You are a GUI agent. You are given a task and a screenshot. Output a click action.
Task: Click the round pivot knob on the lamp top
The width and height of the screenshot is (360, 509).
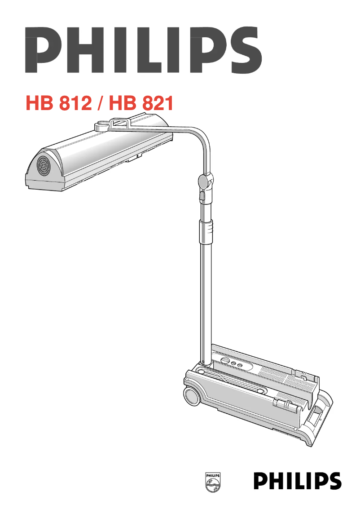(x=101, y=126)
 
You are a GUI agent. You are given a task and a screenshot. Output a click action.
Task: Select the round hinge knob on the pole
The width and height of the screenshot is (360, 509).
(x=203, y=181)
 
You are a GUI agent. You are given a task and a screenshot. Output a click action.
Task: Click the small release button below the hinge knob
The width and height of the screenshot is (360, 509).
(x=203, y=195)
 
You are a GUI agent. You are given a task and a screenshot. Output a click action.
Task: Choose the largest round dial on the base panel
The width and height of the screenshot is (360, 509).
(x=225, y=361)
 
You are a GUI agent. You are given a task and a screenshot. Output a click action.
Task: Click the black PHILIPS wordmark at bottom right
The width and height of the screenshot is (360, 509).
(x=297, y=481)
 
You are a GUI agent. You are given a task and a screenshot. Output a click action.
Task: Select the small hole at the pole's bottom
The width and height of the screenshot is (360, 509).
(x=204, y=362)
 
